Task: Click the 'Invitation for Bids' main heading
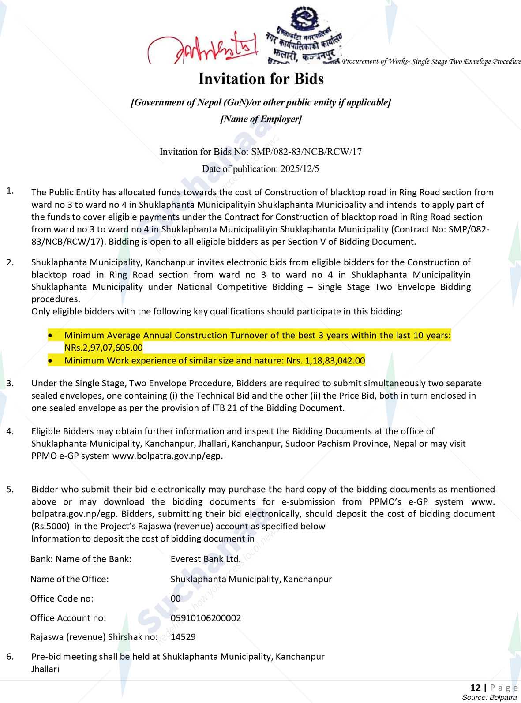[x=261, y=79]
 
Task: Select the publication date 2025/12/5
[x=300, y=169]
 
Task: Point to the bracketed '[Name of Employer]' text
[x=261, y=119]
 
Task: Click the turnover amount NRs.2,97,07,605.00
[x=103, y=348]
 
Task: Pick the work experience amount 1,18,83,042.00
[x=335, y=360]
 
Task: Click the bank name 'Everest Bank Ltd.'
[x=206, y=559]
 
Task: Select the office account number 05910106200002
[x=206, y=617]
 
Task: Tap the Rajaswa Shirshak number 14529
[x=183, y=637]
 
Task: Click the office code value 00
[x=176, y=598]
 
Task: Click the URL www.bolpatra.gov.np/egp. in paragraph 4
[x=168, y=456]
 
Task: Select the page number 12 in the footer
[x=476, y=688]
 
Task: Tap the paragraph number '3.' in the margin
[x=10, y=383]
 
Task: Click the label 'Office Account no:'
[x=68, y=617]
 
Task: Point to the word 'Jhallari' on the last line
[x=45, y=669]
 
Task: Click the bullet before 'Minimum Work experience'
[x=52, y=361]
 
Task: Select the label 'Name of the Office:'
[x=69, y=579]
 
